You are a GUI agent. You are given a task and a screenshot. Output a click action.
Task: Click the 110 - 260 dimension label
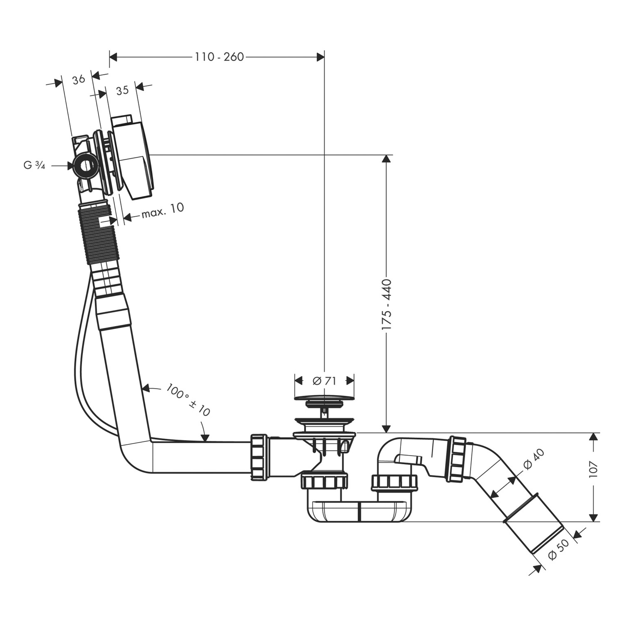[219, 57]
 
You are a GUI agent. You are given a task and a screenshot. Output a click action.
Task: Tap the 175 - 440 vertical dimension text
[386, 305]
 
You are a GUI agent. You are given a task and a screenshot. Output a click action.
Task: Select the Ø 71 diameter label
[324, 380]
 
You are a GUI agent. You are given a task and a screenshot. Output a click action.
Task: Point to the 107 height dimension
[594, 469]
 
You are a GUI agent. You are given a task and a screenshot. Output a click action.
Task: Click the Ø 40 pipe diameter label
[534, 459]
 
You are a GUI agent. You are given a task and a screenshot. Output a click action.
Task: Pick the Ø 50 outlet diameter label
[558, 550]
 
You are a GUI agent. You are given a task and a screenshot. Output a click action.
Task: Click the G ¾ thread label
[34, 166]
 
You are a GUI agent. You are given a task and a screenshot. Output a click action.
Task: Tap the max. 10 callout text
[163, 210]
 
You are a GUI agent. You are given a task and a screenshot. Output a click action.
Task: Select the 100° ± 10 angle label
[188, 400]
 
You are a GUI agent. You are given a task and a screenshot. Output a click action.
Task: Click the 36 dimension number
[79, 79]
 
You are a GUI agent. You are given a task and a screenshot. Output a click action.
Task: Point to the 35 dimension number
[122, 90]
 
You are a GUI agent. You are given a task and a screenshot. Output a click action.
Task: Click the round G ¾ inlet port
[85, 166]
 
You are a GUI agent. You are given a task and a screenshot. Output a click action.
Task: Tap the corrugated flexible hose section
[99, 235]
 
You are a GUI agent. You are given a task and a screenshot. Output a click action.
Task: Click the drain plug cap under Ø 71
[324, 398]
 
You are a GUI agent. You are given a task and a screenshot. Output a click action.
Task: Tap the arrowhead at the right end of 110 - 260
[320, 57]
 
